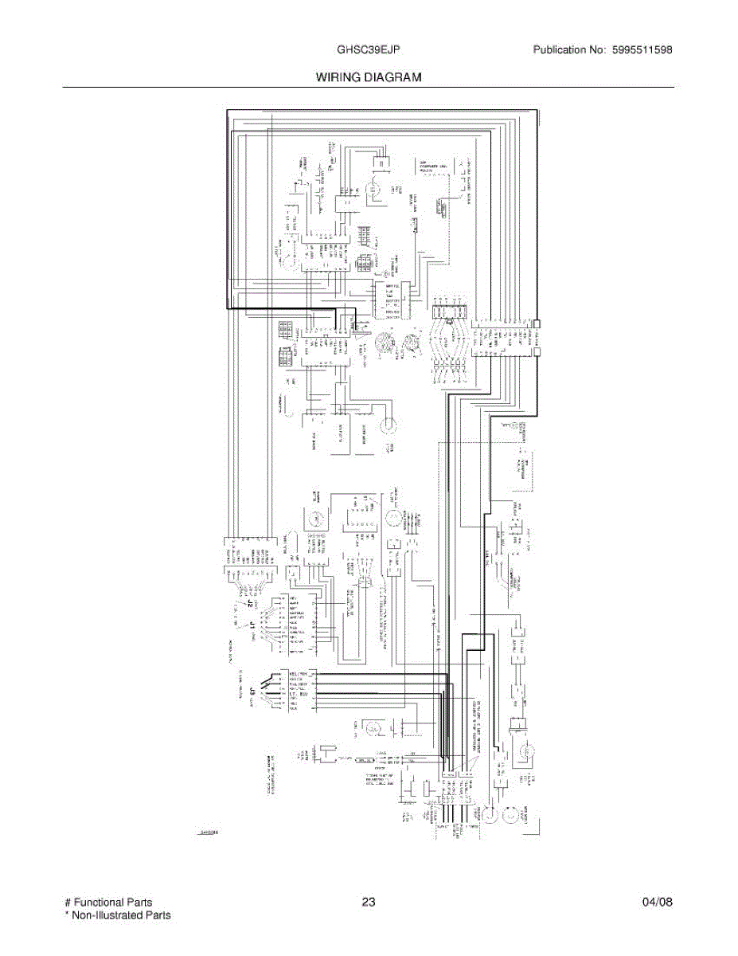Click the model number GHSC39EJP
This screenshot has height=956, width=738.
click(x=368, y=50)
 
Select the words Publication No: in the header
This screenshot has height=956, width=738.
click(x=570, y=50)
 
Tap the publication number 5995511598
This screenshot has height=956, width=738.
click(x=642, y=50)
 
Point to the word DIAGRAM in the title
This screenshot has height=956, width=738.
click(x=395, y=77)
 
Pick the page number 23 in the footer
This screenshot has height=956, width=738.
click(x=368, y=903)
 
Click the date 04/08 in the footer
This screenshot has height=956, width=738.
click(x=658, y=903)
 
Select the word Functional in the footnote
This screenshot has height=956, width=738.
click(x=100, y=903)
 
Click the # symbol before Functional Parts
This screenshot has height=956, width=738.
click(x=67, y=903)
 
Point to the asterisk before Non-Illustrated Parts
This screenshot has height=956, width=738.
click(x=66, y=915)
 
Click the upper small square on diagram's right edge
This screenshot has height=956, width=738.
click(x=537, y=324)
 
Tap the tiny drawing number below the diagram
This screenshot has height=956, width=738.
click(x=208, y=833)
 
